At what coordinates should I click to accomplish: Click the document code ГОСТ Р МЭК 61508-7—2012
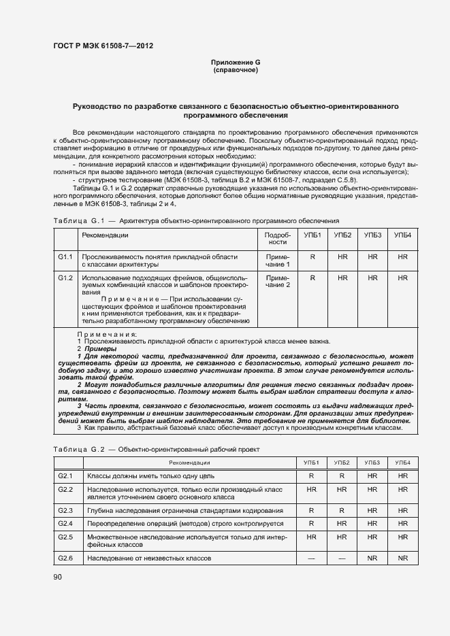pyautogui.click(x=103, y=46)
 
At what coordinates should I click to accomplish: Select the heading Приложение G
pyautogui.click(x=236, y=63)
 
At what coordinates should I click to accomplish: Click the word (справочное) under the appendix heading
pyautogui.click(x=236, y=70)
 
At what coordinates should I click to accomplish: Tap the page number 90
pyautogui.click(x=58, y=577)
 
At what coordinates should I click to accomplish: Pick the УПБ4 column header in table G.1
pyautogui.click(x=403, y=235)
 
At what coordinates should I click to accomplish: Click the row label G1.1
pyautogui.click(x=65, y=257)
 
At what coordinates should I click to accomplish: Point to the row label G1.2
pyautogui.click(x=65, y=278)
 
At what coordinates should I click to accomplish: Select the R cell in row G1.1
pyautogui.click(x=312, y=257)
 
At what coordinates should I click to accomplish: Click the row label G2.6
pyautogui.click(x=65, y=558)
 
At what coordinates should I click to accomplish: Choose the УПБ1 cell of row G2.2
pyautogui.click(x=312, y=489)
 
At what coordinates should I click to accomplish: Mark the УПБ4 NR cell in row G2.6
pyautogui.click(x=402, y=558)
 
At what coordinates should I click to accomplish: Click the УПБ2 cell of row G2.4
pyautogui.click(x=342, y=523)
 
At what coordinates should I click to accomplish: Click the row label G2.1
pyautogui.click(x=65, y=475)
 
